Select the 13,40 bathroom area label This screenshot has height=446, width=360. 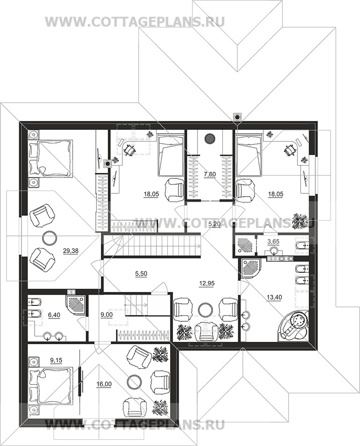click(x=275, y=297)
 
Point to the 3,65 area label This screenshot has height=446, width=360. click(x=274, y=241)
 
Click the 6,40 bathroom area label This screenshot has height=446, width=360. click(x=54, y=315)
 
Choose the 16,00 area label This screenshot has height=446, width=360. click(x=105, y=384)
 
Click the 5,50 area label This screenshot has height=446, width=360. click(x=141, y=274)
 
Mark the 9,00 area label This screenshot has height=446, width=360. click(x=107, y=315)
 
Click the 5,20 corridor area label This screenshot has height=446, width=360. click(x=214, y=224)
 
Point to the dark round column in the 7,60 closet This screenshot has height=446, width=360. click(x=210, y=138)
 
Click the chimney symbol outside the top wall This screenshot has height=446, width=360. click(x=237, y=117)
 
